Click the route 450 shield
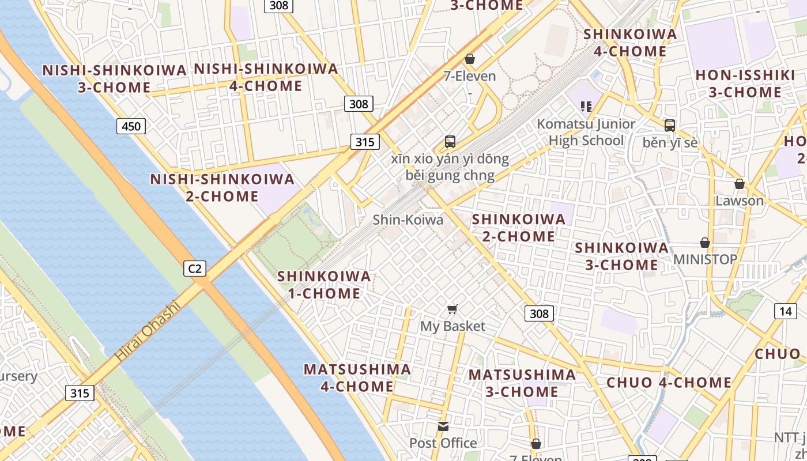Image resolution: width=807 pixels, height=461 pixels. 131,126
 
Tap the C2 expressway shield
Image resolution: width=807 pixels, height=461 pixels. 195,268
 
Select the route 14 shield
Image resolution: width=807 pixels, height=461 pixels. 786,312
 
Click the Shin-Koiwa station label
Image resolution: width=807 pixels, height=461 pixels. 408,220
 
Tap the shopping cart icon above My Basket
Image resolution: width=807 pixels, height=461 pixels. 452,309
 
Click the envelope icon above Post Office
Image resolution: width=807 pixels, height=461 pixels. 443,426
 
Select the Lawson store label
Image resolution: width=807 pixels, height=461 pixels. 740,201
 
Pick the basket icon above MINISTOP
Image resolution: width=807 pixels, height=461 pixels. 705,243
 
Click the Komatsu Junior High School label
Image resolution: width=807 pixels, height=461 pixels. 586,132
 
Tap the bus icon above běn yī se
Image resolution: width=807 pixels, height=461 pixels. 670,125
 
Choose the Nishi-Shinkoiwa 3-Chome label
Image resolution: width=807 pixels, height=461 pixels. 115,79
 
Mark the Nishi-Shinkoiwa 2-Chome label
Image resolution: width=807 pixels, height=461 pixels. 223,188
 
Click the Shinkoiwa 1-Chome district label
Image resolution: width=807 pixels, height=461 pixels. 324,285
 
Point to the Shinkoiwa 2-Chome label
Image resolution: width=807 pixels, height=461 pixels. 519,228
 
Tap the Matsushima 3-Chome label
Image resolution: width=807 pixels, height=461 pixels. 522,383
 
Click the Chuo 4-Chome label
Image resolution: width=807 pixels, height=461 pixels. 669,383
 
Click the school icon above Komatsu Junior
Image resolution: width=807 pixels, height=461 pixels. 586,106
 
